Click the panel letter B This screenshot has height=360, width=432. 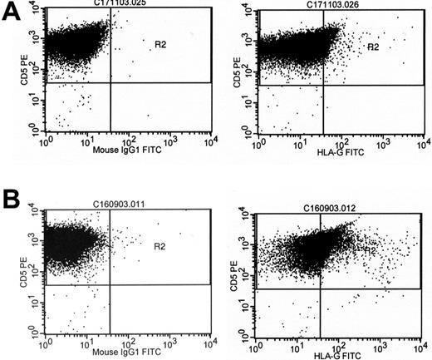[10, 199]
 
